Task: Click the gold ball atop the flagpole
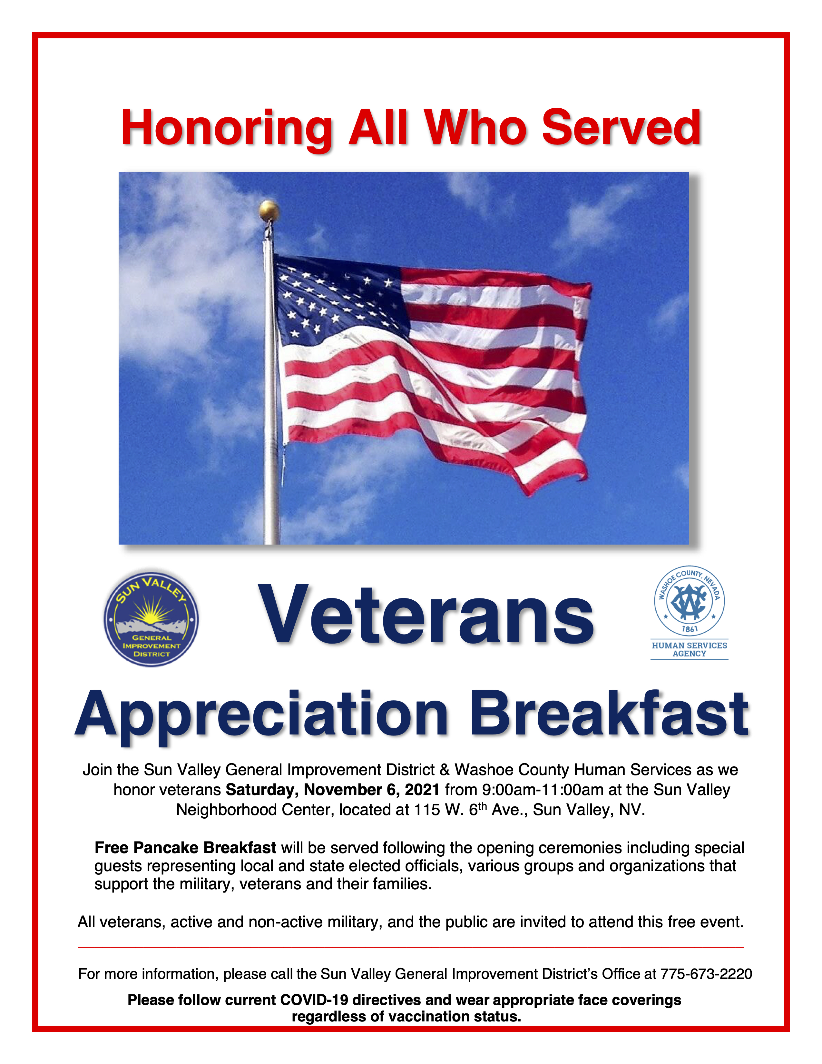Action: [x=269, y=211]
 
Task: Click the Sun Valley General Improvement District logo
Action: [x=151, y=619]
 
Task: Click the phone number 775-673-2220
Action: [x=706, y=974]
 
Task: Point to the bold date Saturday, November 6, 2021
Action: [x=333, y=789]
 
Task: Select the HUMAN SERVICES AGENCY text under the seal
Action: [x=689, y=649]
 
